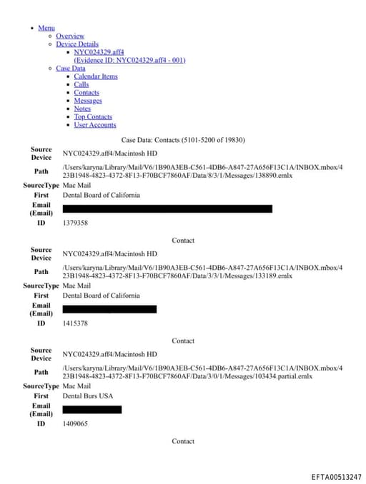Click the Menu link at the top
[46, 28]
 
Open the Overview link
[70, 36]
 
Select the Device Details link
[77, 44]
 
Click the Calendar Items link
[96, 76]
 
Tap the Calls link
[81, 84]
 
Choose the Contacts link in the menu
[86, 93]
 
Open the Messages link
[88, 101]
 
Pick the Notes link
[82, 109]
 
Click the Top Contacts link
[93, 116]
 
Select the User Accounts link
[95, 125]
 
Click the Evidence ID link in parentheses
[129, 60]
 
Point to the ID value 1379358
[75, 223]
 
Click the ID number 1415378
[75, 323]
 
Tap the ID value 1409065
[75, 423]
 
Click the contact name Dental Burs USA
[88, 395]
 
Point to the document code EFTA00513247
[336, 476]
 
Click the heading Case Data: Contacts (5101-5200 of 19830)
[183, 140]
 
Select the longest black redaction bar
[167, 208]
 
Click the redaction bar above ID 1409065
[92, 410]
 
